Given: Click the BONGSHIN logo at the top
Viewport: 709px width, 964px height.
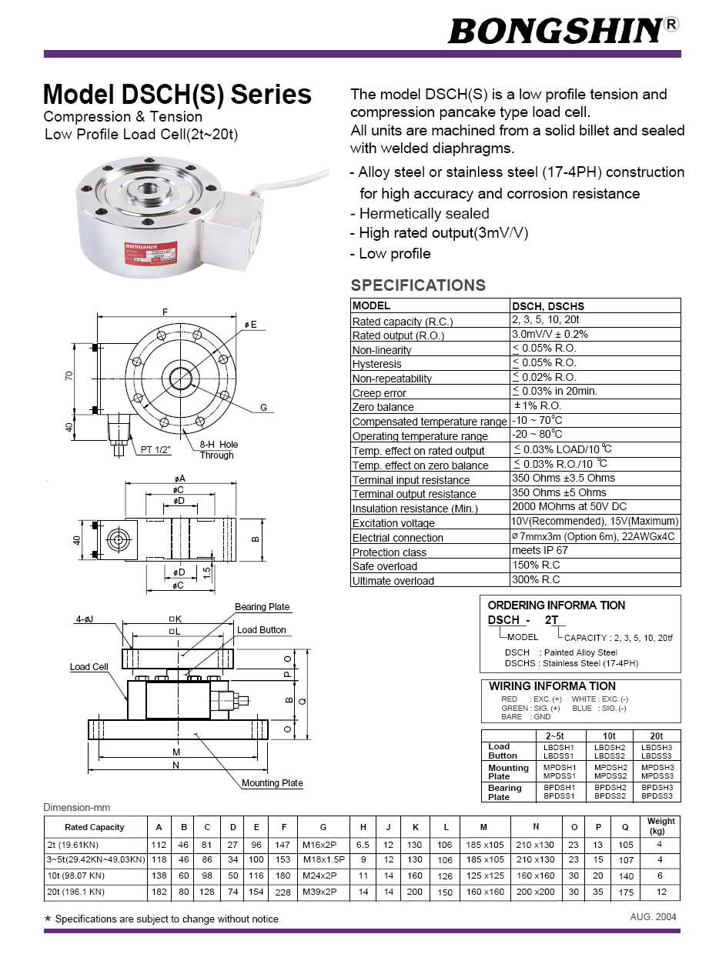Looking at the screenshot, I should tap(555, 31).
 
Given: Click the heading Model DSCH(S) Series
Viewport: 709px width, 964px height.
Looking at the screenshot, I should tap(177, 95).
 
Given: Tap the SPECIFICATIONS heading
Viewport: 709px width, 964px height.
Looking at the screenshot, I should tap(418, 285).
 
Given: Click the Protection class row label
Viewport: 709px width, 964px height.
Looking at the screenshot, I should tap(390, 552).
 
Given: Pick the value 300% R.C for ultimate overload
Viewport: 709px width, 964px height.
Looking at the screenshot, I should tap(536, 580).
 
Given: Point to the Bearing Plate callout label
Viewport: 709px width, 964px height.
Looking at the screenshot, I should tap(263, 607).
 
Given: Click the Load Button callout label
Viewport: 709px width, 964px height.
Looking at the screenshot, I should tap(261, 630).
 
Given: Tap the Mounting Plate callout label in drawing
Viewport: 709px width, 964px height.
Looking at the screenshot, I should tap(273, 783).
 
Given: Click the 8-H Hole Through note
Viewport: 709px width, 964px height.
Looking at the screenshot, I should tap(219, 450).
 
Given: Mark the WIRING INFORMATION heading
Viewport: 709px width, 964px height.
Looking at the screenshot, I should tap(552, 686).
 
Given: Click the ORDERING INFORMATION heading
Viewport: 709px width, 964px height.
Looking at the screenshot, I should tap(556, 605).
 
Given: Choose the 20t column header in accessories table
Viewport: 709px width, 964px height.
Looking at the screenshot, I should tap(657, 736).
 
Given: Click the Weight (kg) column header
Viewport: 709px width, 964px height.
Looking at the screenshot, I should tap(661, 826).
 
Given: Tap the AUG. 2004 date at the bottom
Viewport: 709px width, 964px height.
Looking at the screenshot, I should tap(653, 917).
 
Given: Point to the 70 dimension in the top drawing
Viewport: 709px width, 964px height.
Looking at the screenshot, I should tap(69, 377).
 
